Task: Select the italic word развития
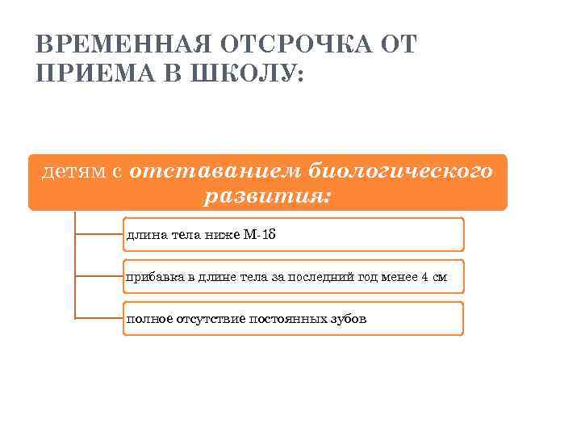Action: [x=267, y=195]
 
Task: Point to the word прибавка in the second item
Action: [x=153, y=277]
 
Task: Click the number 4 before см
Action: [x=424, y=277]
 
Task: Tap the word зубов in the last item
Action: [x=348, y=319]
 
